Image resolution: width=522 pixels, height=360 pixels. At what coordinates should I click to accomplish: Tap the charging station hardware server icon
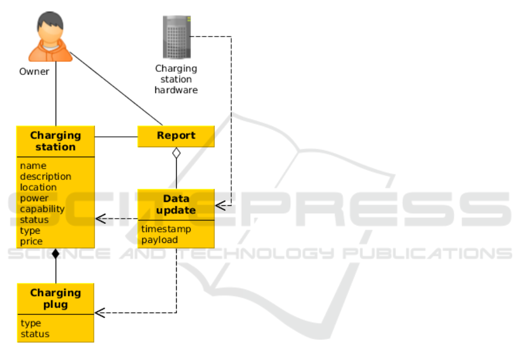click(x=176, y=37)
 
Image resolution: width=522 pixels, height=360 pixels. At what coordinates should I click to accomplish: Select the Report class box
click(x=176, y=136)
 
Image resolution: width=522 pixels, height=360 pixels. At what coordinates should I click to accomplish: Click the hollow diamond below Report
click(x=176, y=154)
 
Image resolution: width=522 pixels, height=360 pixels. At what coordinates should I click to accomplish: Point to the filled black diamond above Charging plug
click(x=56, y=253)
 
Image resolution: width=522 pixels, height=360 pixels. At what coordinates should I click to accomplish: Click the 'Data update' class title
click(x=176, y=205)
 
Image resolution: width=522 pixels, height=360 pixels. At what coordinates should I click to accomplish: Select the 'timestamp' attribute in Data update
click(x=166, y=229)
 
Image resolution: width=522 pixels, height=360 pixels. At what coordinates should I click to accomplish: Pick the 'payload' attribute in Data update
click(x=160, y=239)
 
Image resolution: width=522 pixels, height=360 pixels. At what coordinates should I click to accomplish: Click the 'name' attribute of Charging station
click(x=33, y=166)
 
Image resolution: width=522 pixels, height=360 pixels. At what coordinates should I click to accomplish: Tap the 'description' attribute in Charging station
click(x=46, y=176)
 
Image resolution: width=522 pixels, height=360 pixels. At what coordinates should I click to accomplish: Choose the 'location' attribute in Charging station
click(x=38, y=187)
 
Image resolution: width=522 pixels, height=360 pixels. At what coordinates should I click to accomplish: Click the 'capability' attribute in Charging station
click(x=42, y=209)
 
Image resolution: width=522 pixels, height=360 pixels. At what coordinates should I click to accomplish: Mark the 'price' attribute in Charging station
click(x=31, y=241)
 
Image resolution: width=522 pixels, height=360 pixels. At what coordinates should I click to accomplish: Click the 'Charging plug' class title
click(x=56, y=299)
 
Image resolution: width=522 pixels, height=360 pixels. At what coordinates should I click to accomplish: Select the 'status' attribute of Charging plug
click(x=35, y=334)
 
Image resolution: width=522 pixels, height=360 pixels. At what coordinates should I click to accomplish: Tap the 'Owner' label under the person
click(x=34, y=72)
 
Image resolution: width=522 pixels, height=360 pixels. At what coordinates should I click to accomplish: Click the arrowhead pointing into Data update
click(x=220, y=205)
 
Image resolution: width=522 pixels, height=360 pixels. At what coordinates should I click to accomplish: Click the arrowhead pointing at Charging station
click(x=100, y=219)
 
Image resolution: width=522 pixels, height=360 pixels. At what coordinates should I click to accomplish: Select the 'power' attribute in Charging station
click(x=34, y=198)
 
